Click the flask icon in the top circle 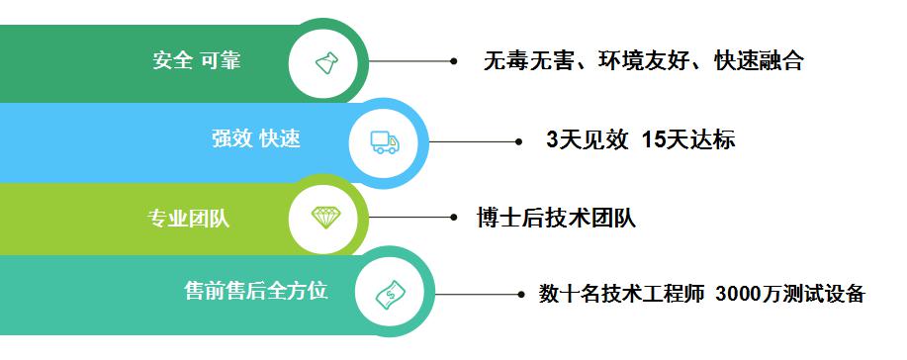pyautogui.click(x=327, y=63)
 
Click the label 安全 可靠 pyautogui.click(x=197, y=60)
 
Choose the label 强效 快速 pyautogui.click(x=256, y=139)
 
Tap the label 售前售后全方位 pyautogui.click(x=256, y=292)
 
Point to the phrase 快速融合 pyautogui.click(x=758, y=62)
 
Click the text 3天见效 pyautogui.click(x=588, y=140)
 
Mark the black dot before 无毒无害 pyautogui.click(x=454, y=61)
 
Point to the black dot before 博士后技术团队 pyautogui.click(x=454, y=217)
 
